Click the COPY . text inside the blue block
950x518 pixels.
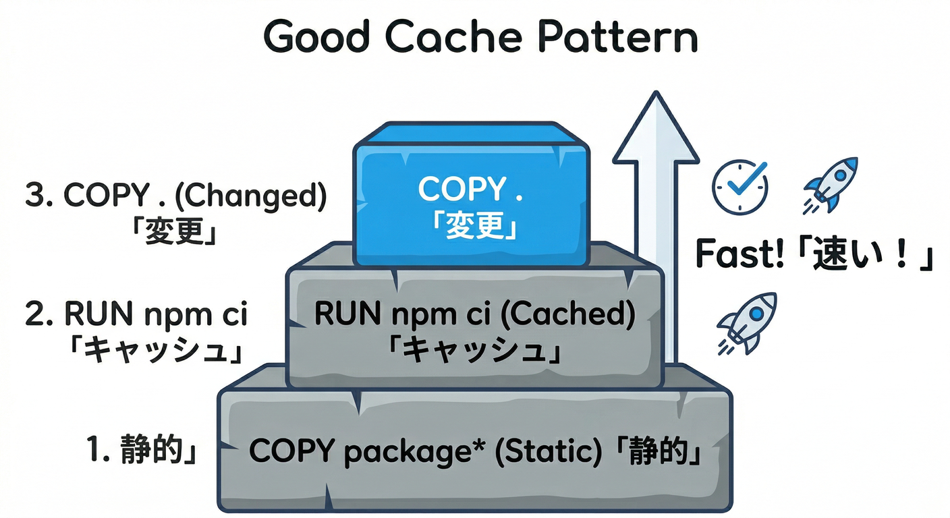pos(470,190)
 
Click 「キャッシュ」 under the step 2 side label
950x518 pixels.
pos(155,351)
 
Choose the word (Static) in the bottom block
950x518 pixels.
pos(548,451)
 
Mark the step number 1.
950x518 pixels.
pos(94,450)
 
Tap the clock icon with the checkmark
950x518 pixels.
pos(740,187)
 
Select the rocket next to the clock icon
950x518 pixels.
pos(831,183)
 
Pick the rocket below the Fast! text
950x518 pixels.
pos(747,322)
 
